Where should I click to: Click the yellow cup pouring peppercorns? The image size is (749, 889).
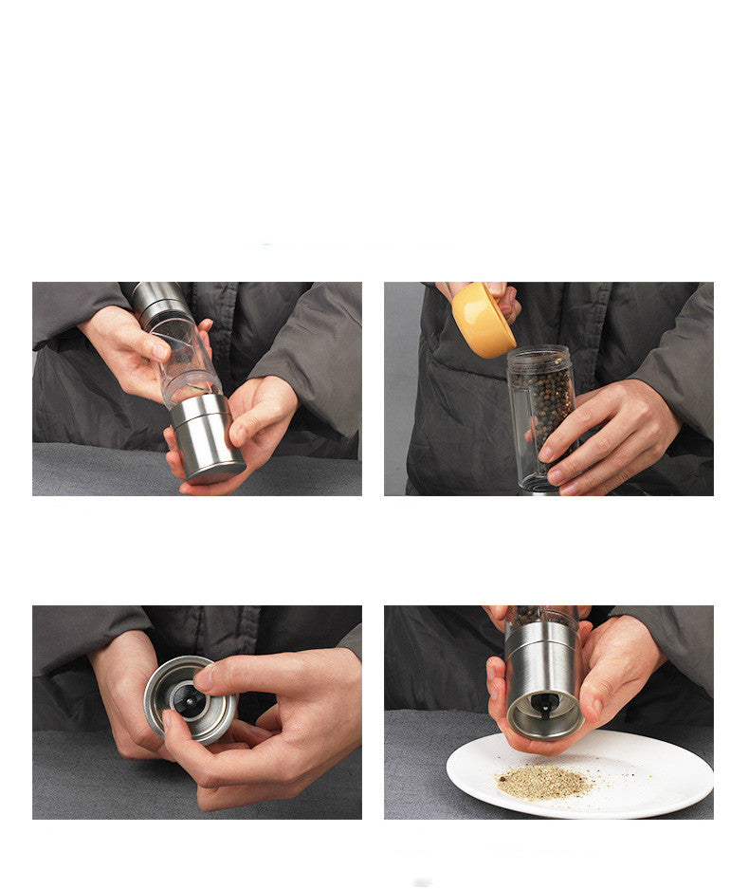pos(483,320)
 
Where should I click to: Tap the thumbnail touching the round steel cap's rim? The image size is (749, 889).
pos(203,676)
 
